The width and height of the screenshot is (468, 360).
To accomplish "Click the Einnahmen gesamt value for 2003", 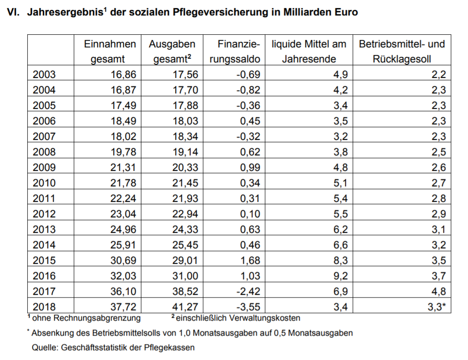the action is (123, 74).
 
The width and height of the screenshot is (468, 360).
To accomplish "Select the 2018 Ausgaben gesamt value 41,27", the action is (185, 306).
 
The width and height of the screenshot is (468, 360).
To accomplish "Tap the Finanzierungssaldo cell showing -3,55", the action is (248, 306).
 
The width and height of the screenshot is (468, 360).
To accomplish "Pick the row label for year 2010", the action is (44, 183).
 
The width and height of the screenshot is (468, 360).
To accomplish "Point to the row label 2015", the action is (44, 260).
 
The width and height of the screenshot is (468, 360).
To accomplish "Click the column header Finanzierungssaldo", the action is (235, 51).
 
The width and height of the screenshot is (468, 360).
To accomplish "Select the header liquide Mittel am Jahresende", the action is (309, 51).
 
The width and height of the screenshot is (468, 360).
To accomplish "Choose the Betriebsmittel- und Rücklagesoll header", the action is (402, 51).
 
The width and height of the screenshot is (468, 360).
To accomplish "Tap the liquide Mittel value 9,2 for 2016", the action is (340, 276).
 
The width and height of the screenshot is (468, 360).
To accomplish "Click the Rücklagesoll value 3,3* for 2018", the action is (437, 306).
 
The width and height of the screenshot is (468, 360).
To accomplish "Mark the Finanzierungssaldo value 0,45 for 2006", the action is (250, 121).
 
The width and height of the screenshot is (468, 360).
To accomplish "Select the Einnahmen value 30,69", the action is (123, 260).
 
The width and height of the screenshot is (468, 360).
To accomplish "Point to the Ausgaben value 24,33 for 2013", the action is (185, 229).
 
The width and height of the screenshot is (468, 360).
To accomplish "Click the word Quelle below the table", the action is (45, 348).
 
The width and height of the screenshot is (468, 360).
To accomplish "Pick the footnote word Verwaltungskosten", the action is (261, 318).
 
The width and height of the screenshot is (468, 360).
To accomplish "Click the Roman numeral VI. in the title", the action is (13, 12).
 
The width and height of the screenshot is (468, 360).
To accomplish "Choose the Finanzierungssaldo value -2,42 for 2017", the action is (248, 291).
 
